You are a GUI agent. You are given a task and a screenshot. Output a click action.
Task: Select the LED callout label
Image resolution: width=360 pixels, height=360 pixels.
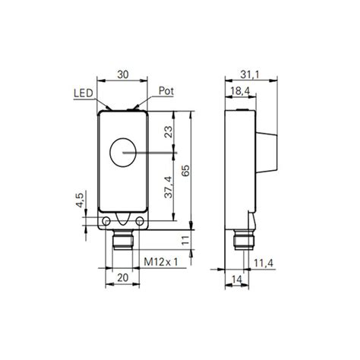(84, 93)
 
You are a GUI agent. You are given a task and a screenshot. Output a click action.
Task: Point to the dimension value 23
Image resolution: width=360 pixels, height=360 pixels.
(168, 137)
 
